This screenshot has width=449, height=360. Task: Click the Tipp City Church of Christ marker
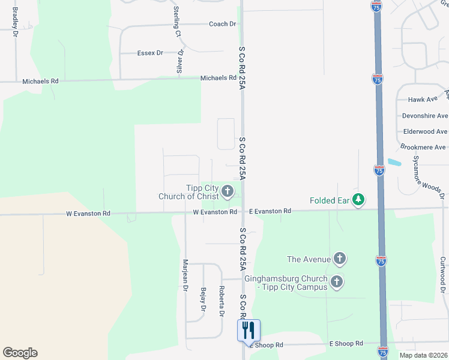(227, 192)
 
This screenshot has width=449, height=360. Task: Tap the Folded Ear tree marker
(358, 200)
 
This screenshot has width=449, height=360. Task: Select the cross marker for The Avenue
(340, 259)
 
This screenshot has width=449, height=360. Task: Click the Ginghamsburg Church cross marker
(337, 282)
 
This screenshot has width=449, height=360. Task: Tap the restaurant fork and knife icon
(249, 330)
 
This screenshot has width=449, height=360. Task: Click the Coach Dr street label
(222, 24)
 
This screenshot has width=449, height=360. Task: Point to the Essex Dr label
(150, 53)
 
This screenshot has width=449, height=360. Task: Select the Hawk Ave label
(424, 100)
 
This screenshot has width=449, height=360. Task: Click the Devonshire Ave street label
(424, 116)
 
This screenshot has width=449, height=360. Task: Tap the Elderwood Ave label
(424, 131)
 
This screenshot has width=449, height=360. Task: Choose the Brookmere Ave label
(423, 147)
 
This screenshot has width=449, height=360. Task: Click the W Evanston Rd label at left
(88, 214)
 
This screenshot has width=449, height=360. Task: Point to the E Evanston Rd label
(270, 211)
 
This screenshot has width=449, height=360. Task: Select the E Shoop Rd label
(346, 343)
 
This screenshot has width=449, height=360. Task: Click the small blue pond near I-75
(394, 162)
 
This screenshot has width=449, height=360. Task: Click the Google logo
(20, 353)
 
